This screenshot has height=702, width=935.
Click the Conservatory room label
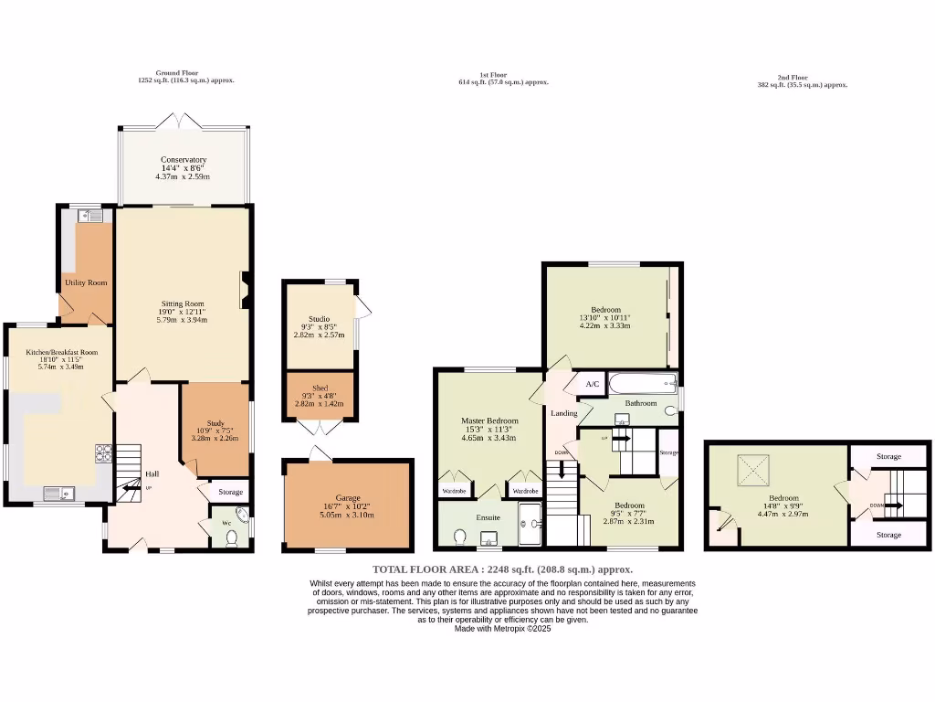click(x=184, y=160)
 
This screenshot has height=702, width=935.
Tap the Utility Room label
click(x=86, y=282)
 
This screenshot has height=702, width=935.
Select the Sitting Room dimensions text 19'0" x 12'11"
click(x=184, y=313)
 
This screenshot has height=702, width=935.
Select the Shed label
click(x=320, y=388)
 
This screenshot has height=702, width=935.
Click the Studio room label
click(x=320, y=318)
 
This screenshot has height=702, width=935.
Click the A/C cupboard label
click(x=591, y=384)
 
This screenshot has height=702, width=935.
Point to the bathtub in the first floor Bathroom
click(x=643, y=383)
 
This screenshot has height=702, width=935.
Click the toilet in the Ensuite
click(x=459, y=536)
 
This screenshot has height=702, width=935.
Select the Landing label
click(x=563, y=413)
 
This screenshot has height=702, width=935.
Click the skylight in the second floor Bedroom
click(x=755, y=472)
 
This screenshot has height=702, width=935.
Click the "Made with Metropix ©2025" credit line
click(x=503, y=628)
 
